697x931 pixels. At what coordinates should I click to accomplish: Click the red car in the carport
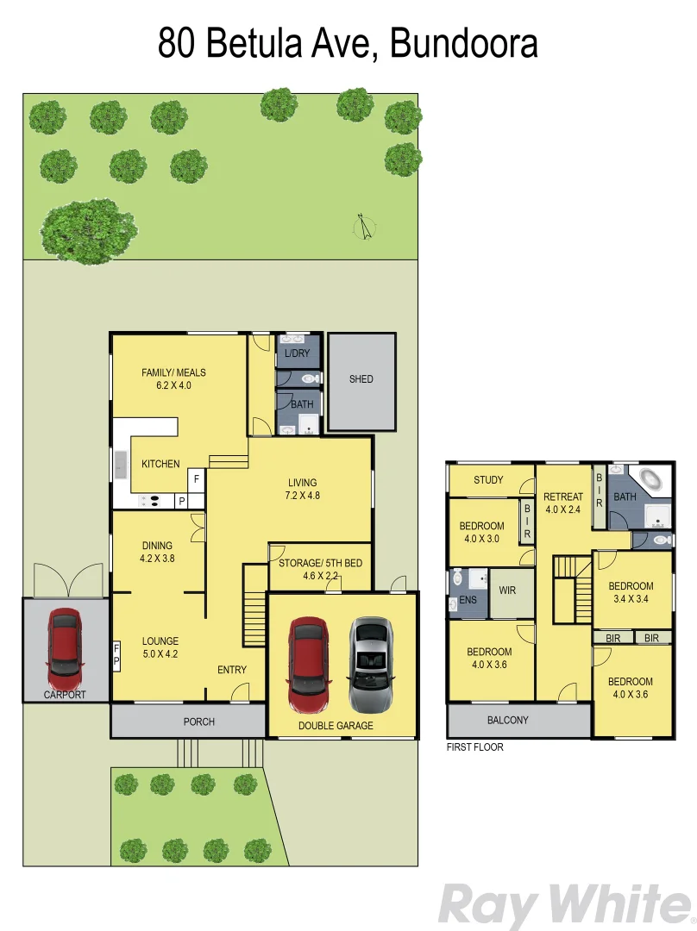coord(66,643)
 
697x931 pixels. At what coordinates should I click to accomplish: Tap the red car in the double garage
coord(306,657)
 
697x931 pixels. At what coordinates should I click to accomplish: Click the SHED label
coord(361,379)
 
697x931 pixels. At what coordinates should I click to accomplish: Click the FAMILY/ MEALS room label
coord(173,379)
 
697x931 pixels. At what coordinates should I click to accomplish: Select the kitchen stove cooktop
coord(150,499)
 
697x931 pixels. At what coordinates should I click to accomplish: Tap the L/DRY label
coord(297,353)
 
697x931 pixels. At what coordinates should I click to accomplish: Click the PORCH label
coord(199,722)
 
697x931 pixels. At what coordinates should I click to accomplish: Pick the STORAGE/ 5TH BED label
coord(319,570)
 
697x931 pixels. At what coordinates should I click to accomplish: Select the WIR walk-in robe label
coord(507,590)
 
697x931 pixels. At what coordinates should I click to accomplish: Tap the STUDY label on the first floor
coord(488,480)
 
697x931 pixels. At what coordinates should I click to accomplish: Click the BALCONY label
coord(508,720)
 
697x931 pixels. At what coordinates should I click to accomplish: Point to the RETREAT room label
coord(563,503)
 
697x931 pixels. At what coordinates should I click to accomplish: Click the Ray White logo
coord(565,905)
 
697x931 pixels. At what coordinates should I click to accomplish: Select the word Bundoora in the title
coord(464,43)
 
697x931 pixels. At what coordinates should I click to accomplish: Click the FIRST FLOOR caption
coord(474,747)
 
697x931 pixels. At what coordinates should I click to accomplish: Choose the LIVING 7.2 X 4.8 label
coord(302,489)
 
